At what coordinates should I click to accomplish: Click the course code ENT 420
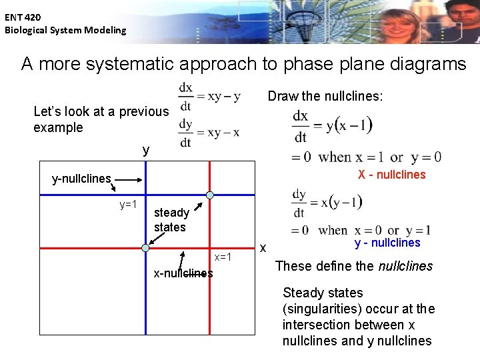(x=23, y=17)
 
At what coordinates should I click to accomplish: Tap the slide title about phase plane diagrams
(x=243, y=64)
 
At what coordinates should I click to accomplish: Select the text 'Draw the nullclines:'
(x=325, y=97)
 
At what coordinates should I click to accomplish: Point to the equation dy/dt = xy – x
(x=209, y=133)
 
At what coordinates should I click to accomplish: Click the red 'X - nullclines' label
(x=391, y=175)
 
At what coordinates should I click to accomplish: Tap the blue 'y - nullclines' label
(x=387, y=243)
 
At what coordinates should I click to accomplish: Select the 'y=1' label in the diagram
(x=128, y=205)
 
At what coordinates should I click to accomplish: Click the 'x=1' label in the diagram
(x=223, y=257)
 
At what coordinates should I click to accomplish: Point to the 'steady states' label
(x=171, y=220)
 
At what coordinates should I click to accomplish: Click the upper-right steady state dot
(x=209, y=195)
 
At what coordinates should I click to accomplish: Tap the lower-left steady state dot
(x=145, y=247)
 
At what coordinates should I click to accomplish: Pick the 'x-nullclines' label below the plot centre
(x=183, y=273)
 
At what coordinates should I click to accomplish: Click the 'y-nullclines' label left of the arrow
(x=81, y=179)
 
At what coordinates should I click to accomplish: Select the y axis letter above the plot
(x=146, y=151)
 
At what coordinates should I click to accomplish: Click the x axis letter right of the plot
(x=263, y=248)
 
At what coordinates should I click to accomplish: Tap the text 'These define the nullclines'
(x=354, y=266)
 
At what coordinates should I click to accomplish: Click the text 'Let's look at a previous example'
(x=101, y=119)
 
